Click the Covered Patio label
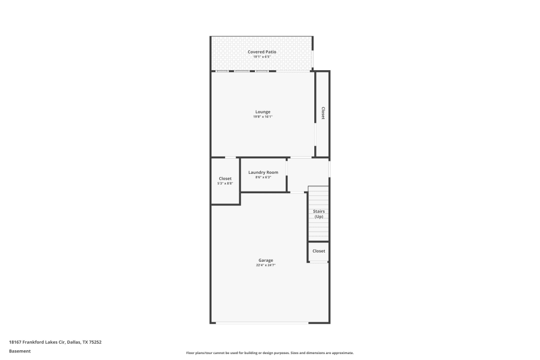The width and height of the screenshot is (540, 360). click(262, 52)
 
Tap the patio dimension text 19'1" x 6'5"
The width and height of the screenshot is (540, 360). click(262, 57)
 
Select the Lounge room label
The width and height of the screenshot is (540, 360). click(263, 112)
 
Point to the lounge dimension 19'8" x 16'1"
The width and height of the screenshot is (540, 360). click(263, 117)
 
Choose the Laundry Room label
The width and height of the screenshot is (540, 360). click(263, 172)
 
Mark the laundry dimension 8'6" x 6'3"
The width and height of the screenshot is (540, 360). click(263, 177)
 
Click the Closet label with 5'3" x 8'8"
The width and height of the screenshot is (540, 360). click(225, 179)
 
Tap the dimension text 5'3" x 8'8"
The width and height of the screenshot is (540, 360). click(225, 184)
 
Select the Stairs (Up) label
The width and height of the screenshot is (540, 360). click(319, 214)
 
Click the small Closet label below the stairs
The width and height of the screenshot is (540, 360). click(319, 251)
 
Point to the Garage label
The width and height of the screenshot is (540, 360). click(266, 260)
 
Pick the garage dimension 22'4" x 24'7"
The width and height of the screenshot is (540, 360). click(266, 265)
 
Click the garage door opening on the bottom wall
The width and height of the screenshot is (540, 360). click(262, 323)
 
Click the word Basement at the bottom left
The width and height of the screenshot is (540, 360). click(19, 351)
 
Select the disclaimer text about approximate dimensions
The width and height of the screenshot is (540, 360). click(270, 353)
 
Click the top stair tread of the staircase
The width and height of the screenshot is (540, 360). click(319, 189)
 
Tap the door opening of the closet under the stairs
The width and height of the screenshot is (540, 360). click(319, 262)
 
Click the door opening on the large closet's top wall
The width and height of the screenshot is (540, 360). click(231, 158)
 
